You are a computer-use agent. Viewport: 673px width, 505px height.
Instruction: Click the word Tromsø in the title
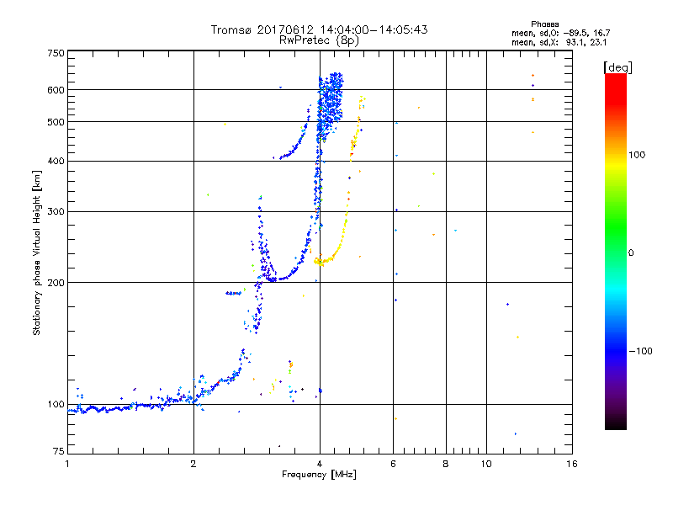pos(231,29)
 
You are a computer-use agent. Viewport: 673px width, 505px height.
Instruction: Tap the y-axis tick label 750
pos(56,53)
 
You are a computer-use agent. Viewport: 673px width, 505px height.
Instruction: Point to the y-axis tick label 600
pos(56,89)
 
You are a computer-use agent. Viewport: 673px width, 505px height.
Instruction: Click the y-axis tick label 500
pos(56,121)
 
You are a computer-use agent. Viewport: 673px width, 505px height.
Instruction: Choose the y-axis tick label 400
pos(56,161)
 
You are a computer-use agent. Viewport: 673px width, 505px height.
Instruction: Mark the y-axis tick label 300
pos(56,211)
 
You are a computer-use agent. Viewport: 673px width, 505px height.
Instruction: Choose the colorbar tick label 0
pos(633,252)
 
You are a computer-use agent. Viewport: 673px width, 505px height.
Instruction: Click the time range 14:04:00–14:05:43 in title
pos(374,29)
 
